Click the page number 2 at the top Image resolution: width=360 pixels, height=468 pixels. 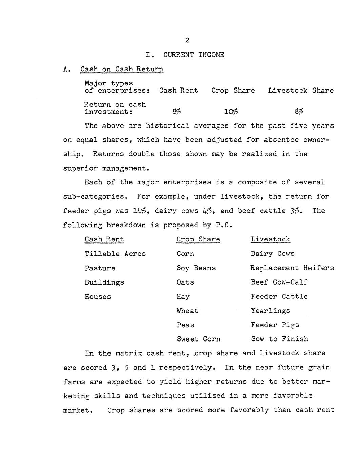[187, 41]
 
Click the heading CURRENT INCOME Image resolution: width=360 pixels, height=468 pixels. [194, 55]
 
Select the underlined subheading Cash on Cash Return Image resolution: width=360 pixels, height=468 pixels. [122, 69]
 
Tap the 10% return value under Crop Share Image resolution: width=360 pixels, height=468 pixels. [231, 111]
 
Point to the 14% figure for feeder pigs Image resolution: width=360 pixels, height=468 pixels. [140, 211]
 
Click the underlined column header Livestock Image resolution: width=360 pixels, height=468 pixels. [270, 239]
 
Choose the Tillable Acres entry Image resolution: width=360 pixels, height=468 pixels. [115, 254]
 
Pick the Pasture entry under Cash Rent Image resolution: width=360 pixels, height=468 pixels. [100, 268]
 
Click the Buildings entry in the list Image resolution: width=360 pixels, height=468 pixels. [104, 282]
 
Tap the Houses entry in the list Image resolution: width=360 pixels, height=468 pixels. [98, 297]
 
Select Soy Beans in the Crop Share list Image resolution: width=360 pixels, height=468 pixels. [196, 268]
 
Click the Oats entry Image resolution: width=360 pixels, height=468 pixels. [185, 282]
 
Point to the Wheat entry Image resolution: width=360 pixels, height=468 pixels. [187, 311]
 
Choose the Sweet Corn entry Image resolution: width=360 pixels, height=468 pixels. [198, 339]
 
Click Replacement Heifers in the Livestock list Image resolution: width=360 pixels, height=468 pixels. [292, 268]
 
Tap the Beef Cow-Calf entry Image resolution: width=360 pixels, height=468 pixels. [279, 282]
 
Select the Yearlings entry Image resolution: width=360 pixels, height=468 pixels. [270, 311]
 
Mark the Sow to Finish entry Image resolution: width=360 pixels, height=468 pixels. [279, 339]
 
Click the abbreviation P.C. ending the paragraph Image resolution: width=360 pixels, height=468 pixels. [223, 225]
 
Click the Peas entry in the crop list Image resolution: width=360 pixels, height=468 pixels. [185, 325]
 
